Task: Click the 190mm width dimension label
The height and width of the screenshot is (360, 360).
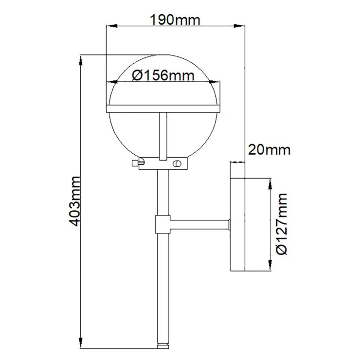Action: tap(175, 20)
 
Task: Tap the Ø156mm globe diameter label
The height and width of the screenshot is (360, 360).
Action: tap(163, 75)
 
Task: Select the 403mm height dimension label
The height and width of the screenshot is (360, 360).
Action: tap(75, 201)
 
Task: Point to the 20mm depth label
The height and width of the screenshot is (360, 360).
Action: tap(269, 150)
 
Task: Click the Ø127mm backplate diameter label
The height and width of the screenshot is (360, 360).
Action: tap(282, 224)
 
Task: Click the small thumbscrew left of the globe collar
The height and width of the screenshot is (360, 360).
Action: tap(138, 162)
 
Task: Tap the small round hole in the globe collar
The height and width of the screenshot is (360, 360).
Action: tap(177, 163)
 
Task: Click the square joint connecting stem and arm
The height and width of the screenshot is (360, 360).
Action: tap(163, 224)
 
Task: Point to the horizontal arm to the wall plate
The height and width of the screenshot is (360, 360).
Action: tap(200, 224)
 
